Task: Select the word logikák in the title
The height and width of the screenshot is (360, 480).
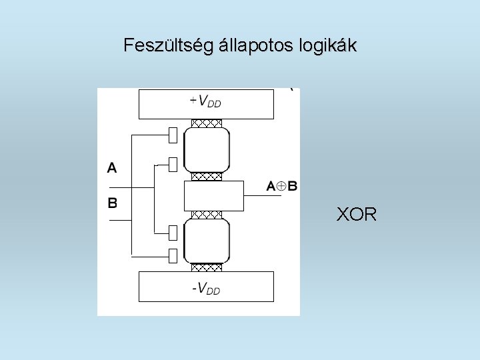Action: point(332,46)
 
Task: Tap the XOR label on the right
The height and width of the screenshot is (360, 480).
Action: point(357,215)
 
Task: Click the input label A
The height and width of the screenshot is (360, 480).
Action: point(112,168)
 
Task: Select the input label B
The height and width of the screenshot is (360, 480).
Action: point(112,202)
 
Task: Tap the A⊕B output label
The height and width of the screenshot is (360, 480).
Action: point(282,186)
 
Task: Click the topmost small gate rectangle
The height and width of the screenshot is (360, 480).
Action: point(173,135)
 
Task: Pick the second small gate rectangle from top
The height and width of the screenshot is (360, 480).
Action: point(173,163)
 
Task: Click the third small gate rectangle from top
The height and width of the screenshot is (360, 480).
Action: point(173,232)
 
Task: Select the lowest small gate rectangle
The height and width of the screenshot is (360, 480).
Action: point(173,255)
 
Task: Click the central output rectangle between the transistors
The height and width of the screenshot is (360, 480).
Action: point(213,195)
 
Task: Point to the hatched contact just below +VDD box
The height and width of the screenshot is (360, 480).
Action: point(207,123)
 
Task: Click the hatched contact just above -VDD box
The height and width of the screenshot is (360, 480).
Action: point(207,267)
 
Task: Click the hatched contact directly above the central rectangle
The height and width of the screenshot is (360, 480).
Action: point(207,177)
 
